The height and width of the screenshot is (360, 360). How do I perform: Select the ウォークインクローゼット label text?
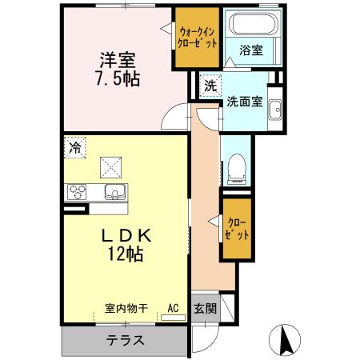197,38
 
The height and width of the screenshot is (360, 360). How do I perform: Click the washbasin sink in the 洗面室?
274,110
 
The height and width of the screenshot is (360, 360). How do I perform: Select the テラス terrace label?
126,340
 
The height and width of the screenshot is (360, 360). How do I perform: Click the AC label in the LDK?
172,306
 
